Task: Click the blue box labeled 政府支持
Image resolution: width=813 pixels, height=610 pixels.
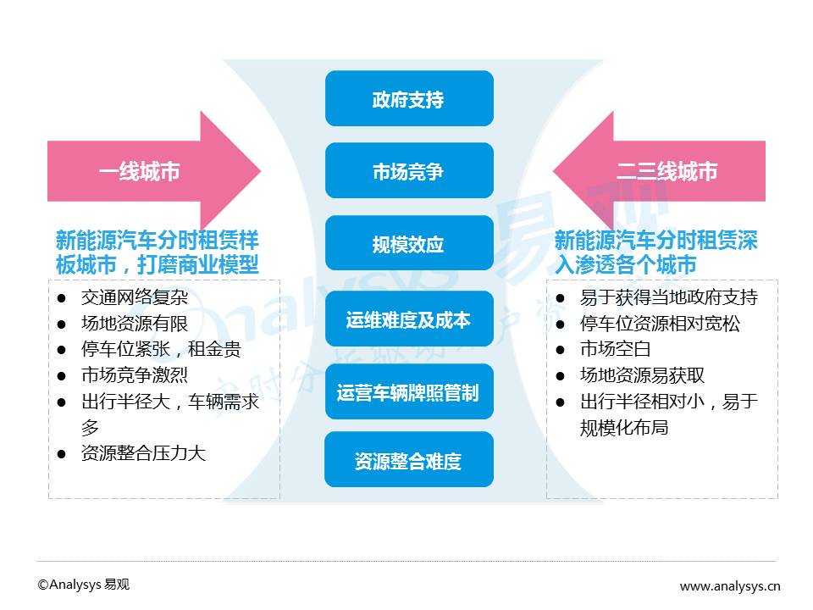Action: [x=408, y=99]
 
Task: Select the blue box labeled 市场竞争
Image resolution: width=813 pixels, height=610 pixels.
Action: [x=408, y=172]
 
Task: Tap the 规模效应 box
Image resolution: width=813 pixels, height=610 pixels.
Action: [x=408, y=245]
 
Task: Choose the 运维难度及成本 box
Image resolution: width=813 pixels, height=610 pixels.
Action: [x=408, y=319]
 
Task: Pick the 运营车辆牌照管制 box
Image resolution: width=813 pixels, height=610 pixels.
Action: [x=408, y=392]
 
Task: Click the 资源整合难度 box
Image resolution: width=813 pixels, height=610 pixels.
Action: [x=408, y=461]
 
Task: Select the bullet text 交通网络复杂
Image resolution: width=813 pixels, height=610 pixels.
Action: [x=135, y=297]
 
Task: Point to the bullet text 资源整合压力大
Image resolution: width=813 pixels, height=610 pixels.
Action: [x=143, y=453]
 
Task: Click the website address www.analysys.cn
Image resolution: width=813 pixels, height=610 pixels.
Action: [x=730, y=585]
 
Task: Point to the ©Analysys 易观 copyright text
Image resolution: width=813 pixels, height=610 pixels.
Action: [x=83, y=585]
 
